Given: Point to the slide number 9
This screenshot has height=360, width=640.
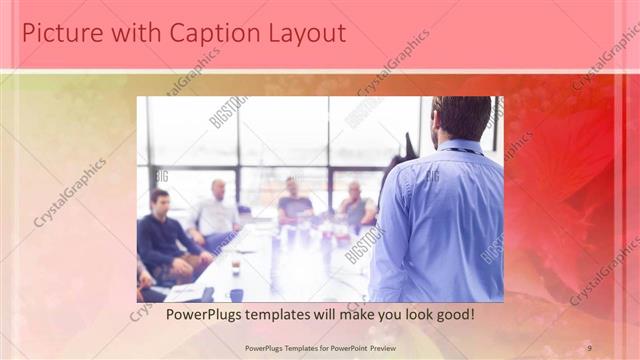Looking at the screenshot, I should tap(590, 347).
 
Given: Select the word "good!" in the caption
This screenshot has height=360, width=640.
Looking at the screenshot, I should tap(452, 315).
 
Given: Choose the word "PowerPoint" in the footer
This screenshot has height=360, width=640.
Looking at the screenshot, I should tap(340, 347).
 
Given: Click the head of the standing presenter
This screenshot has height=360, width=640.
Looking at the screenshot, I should tap(462, 117).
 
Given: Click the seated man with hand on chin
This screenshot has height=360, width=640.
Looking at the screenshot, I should tap(356, 204).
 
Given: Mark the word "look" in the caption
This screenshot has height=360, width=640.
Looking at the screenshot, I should tap(410, 315).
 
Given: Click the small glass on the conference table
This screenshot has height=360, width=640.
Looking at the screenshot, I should tap(236, 266).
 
